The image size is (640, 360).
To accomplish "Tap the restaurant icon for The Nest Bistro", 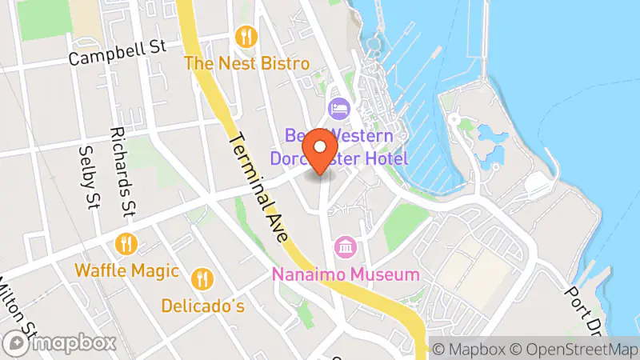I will coord(246,37).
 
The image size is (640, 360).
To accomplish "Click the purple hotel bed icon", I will coord(338,107).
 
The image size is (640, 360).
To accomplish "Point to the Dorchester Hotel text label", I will coord(339,158).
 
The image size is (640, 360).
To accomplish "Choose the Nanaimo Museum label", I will coord(346,274).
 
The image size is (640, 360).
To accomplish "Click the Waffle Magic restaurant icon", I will coord(126,243).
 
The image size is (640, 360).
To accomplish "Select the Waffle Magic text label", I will coord(126,270).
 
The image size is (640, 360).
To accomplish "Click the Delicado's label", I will coord(203,306).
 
